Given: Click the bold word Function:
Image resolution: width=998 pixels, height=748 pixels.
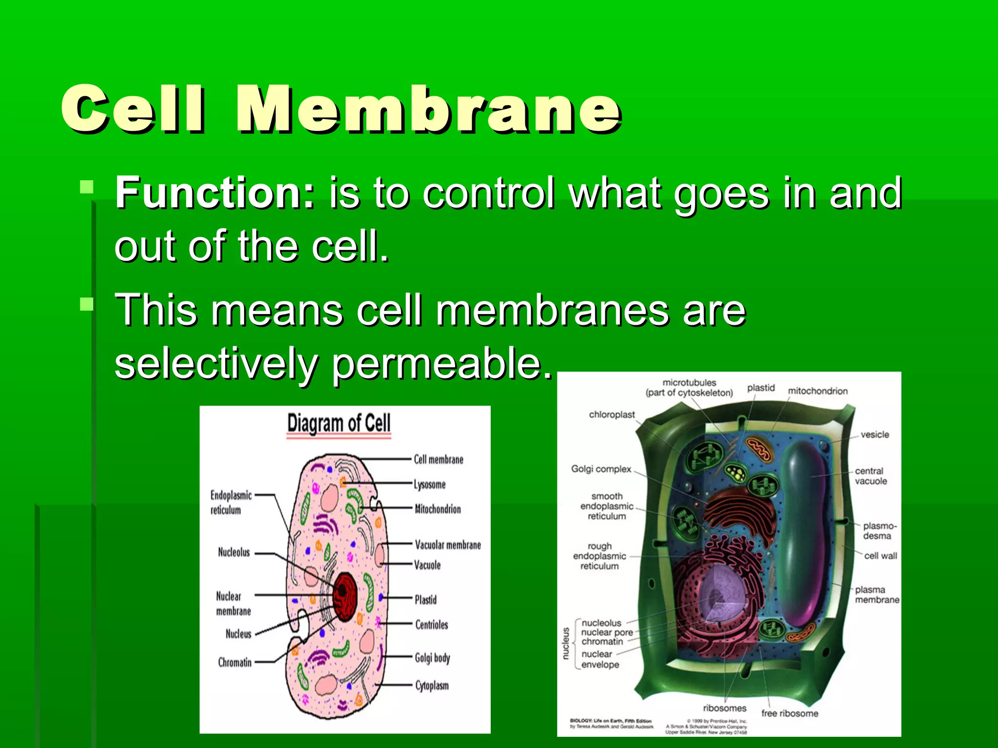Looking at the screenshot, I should (215, 193).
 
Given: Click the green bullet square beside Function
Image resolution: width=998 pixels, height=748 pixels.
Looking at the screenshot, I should (87, 187).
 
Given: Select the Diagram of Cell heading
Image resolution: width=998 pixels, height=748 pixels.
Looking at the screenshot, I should (339, 423).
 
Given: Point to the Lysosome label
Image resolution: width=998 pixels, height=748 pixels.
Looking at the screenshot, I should (429, 485).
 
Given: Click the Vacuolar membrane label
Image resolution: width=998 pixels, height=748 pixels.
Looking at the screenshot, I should (447, 544).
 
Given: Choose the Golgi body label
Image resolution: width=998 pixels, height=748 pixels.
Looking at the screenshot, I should (432, 658).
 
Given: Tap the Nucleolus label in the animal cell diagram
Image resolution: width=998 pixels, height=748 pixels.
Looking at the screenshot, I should (234, 552).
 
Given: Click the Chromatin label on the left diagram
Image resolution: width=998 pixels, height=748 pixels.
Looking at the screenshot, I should (235, 662).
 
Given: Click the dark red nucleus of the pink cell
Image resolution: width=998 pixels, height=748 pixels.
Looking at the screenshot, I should (345, 597).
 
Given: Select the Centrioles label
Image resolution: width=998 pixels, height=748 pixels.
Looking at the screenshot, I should (431, 624).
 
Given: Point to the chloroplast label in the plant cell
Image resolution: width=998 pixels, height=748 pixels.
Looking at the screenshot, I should (612, 414).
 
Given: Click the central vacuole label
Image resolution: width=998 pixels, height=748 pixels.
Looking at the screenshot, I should (871, 476).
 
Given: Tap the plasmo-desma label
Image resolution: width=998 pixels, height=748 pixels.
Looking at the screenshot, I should (879, 531).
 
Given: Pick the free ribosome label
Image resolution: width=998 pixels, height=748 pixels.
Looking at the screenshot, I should (789, 713).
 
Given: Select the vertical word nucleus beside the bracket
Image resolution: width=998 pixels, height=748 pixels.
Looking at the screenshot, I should (566, 643).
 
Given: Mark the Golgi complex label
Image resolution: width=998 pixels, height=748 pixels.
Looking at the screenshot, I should (601, 469).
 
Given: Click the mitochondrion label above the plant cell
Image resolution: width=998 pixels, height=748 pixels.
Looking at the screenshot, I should (817, 391).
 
